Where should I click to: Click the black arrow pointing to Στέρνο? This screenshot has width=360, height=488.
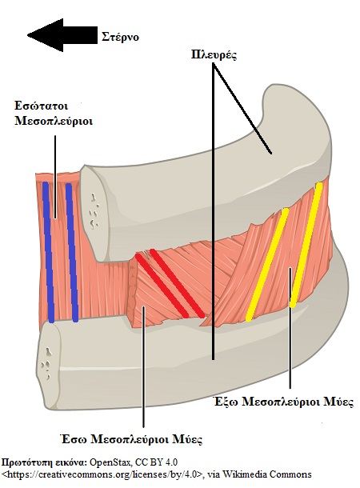point(62,35)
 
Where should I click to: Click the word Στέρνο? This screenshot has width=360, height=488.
point(121,38)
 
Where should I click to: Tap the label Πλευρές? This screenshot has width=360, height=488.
point(214,55)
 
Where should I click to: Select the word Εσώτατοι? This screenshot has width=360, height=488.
point(42,106)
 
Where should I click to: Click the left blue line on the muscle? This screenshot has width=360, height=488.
point(49,252)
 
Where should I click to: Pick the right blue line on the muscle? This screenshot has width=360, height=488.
point(72,252)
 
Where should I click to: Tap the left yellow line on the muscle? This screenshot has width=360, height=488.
point(267,265)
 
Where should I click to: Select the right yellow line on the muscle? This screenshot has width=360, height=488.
point(306,245)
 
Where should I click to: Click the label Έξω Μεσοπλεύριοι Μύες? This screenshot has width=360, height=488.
point(284,402)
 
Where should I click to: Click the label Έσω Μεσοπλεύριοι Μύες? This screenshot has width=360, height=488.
point(132,439)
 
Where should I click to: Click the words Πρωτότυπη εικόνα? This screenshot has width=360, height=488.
point(44,462)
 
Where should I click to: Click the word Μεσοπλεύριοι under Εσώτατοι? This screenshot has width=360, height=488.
point(54,121)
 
